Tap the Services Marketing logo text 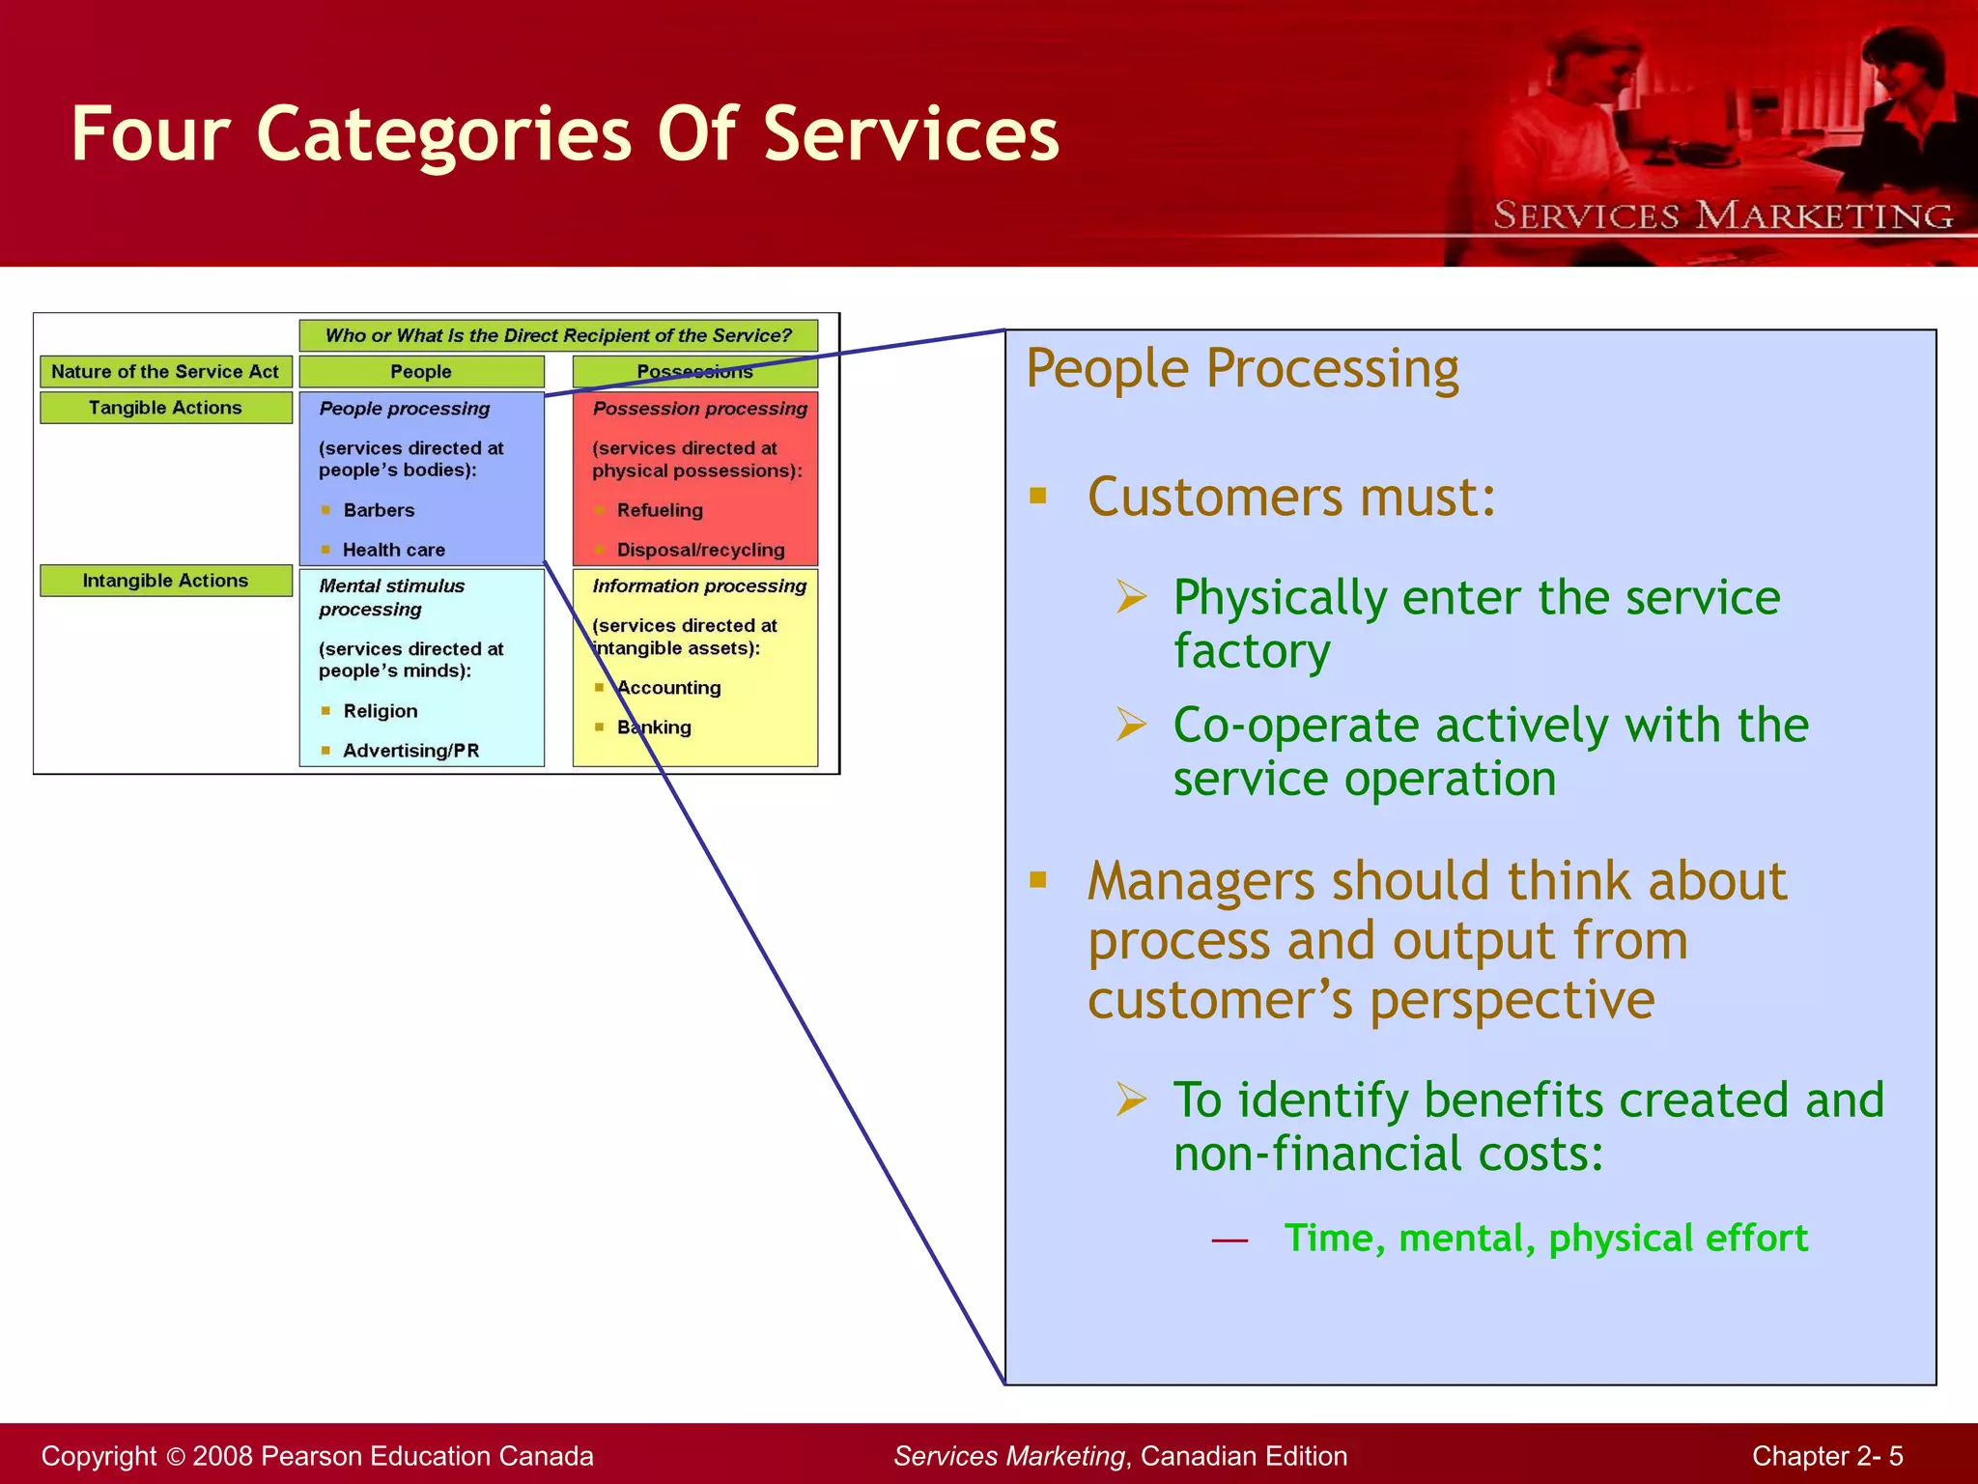click(x=1723, y=215)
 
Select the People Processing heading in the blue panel click(x=1242, y=368)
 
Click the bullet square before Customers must click(x=1038, y=497)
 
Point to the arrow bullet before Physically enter click(x=1131, y=596)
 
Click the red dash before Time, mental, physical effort click(x=1229, y=1240)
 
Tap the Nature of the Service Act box click(x=165, y=372)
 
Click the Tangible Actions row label click(x=165, y=408)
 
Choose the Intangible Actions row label click(x=165, y=581)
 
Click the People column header click(x=421, y=372)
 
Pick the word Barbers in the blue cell click(x=379, y=510)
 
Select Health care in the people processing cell click(x=394, y=550)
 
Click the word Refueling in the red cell click(x=660, y=510)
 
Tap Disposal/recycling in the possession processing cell click(x=700, y=550)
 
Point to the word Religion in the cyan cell click(x=381, y=711)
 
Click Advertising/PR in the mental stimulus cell click(x=410, y=751)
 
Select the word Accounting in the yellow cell click(x=669, y=688)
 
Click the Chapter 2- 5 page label click(x=1826, y=1456)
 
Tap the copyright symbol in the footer click(x=175, y=1457)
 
